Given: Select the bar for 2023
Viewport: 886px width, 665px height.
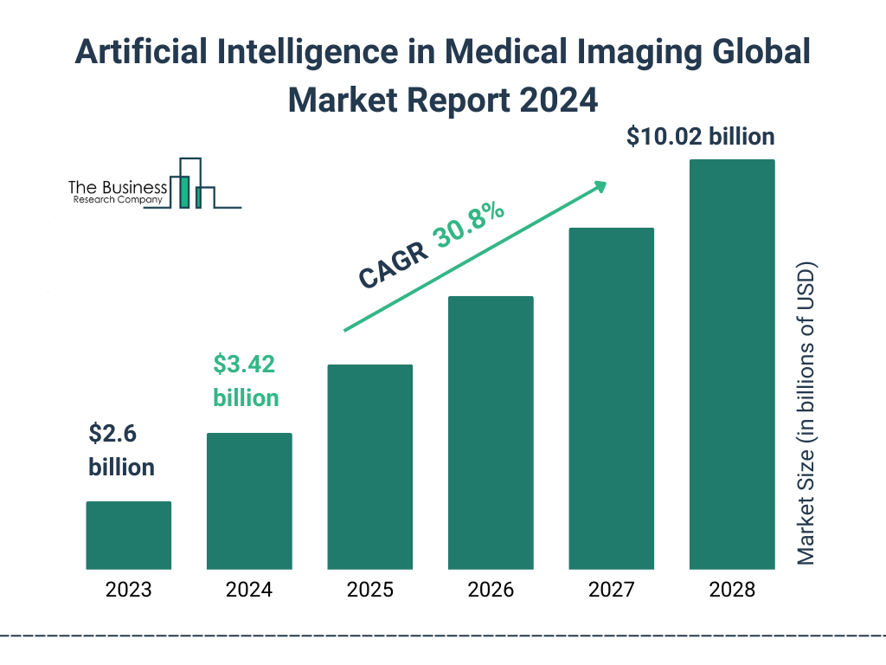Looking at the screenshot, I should pyautogui.click(x=128, y=535).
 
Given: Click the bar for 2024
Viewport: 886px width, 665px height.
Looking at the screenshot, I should pyautogui.click(x=249, y=500).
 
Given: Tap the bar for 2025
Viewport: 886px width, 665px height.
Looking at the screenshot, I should pyautogui.click(x=369, y=467).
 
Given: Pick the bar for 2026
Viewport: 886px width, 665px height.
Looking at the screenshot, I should pyautogui.click(x=491, y=433).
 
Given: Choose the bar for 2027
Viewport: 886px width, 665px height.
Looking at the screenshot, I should pyautogui.click(x=611, y=398).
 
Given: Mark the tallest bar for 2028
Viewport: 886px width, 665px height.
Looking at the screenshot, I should pyautogui.click(x=732, y=364).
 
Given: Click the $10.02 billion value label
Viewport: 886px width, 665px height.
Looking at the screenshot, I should pyautogui.click(x=700, y=136).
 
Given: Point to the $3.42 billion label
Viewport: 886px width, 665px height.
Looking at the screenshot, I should pyautogui.click(x=246, y=381).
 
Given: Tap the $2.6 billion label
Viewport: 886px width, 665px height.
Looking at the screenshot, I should pyautogui.click(x=121, y=450).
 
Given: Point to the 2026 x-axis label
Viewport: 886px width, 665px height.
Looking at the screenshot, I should pyautogui.click(x=491, y=591).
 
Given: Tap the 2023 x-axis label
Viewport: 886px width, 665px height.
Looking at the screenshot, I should pyautogui.click(x=128, y=591).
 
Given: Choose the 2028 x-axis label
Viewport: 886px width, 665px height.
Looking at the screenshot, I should pyautogui.click(x=732, y=591).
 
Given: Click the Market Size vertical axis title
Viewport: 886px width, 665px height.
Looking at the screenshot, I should pyautogui.click(x=806, y=412).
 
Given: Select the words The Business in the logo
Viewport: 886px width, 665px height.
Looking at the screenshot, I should pyautogui.click(x=118, y=187).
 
